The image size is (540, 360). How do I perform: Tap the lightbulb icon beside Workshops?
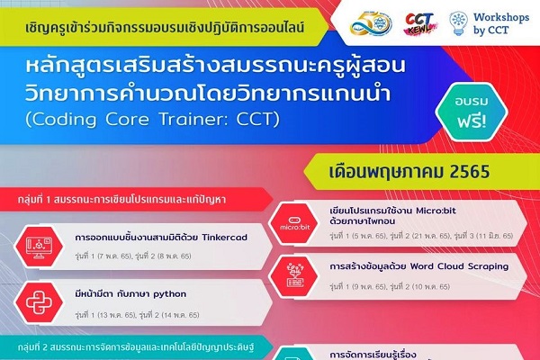click(458, 24)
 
